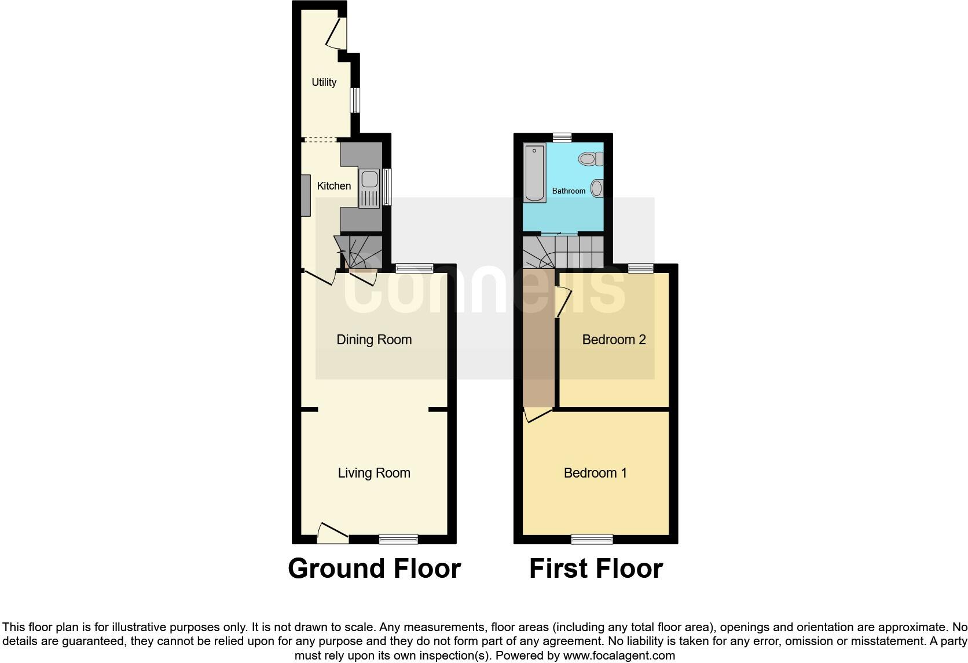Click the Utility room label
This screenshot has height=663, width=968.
click(324, 82)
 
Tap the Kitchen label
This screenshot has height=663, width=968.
click(334, 186)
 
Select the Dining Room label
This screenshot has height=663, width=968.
click(374, 340)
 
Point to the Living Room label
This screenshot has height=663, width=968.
click(374, 473)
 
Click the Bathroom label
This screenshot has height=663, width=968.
click(569, 191)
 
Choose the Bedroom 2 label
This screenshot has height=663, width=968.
click(614, 340)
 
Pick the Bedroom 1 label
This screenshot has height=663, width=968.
click(595, 473)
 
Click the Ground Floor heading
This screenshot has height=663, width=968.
click(374, 569)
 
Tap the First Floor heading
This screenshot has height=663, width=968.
click(596, 569)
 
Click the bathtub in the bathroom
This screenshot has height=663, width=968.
click(534, 173)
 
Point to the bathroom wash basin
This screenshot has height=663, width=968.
click(597, 188)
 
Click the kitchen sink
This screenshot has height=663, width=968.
click(369, 188)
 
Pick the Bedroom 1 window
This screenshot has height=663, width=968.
click(592, 539)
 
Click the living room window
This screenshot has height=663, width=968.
click(398, 539)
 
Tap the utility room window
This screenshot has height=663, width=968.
click(355, 100)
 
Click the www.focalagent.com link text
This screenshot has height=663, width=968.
click(618, 655)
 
